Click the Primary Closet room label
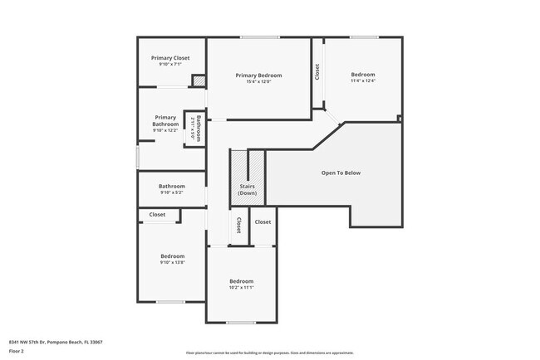pos(170,58)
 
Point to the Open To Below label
pos(341,173)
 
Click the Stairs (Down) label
pos(247,190)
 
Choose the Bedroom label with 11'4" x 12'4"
pos(362,75)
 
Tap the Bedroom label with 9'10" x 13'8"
pos(172,256)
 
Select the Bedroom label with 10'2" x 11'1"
pos(241,281)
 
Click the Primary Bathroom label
pos(165,121)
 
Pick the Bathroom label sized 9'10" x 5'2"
pos(172,187)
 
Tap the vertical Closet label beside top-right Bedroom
pos(317,73)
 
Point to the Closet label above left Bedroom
pos(157,215)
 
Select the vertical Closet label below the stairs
pos(238,226)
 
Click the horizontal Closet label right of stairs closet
pos(263,221)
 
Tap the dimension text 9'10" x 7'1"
pos(170,65)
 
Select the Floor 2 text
pos(17,350)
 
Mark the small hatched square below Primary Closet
pos(199,80)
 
